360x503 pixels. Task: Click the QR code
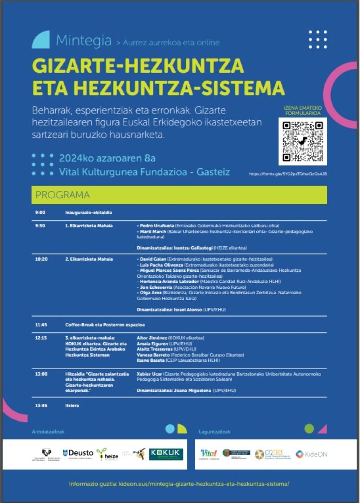(303, 141)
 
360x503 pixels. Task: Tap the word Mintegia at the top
(84, 41)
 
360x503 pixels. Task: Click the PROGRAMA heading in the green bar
(63, 195)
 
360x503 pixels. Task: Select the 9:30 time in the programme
(40, 226)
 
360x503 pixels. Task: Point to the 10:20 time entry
(41, 259)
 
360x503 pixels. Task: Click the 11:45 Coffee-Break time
(41, 324)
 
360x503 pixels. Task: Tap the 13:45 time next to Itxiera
(41, 405)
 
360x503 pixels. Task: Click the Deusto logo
(78, 453)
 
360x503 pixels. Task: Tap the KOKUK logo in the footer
(166, 454)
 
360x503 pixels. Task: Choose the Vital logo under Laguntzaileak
(208, 453)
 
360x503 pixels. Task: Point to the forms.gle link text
(288, 174)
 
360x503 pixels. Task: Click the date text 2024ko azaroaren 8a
(107, 159)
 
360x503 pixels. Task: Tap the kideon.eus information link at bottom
(180, 484)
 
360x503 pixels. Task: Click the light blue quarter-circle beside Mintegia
(41, 40)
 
